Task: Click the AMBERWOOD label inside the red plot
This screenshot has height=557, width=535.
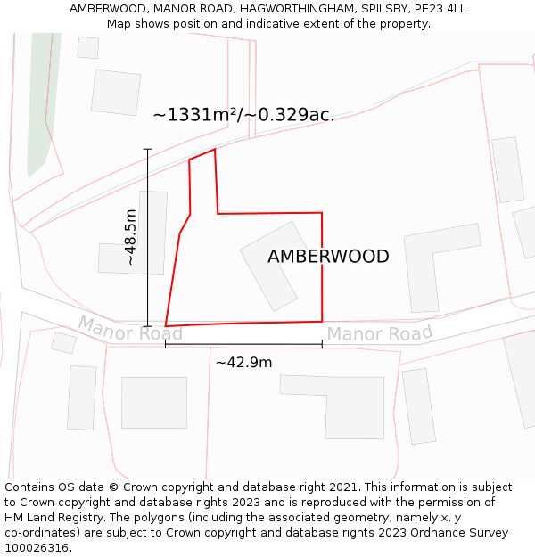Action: click(328, 257)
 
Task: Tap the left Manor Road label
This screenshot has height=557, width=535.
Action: click(130, 328)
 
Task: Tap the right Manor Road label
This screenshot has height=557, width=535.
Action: click(379, 334)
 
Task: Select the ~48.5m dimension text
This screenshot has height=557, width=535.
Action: click(130, 237)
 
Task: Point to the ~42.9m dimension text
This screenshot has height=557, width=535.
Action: click(243, 362)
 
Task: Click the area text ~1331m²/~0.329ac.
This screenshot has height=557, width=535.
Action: click(243, 115)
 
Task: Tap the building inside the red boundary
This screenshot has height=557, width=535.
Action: click(270, 266)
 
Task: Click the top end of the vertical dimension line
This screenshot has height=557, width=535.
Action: click(148, 149)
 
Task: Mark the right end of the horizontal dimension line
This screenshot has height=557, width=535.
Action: click(322, 343)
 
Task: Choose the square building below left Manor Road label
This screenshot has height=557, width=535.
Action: click(153, 403)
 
